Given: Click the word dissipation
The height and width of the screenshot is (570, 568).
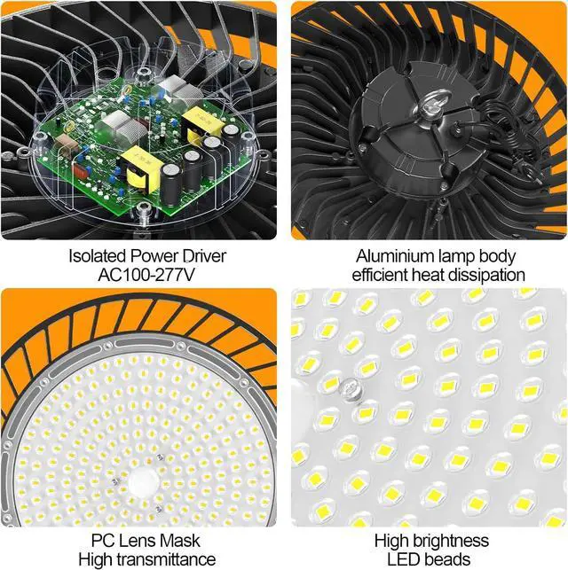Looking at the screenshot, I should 484,276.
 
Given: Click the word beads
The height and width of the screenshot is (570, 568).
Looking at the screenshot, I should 449,558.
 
